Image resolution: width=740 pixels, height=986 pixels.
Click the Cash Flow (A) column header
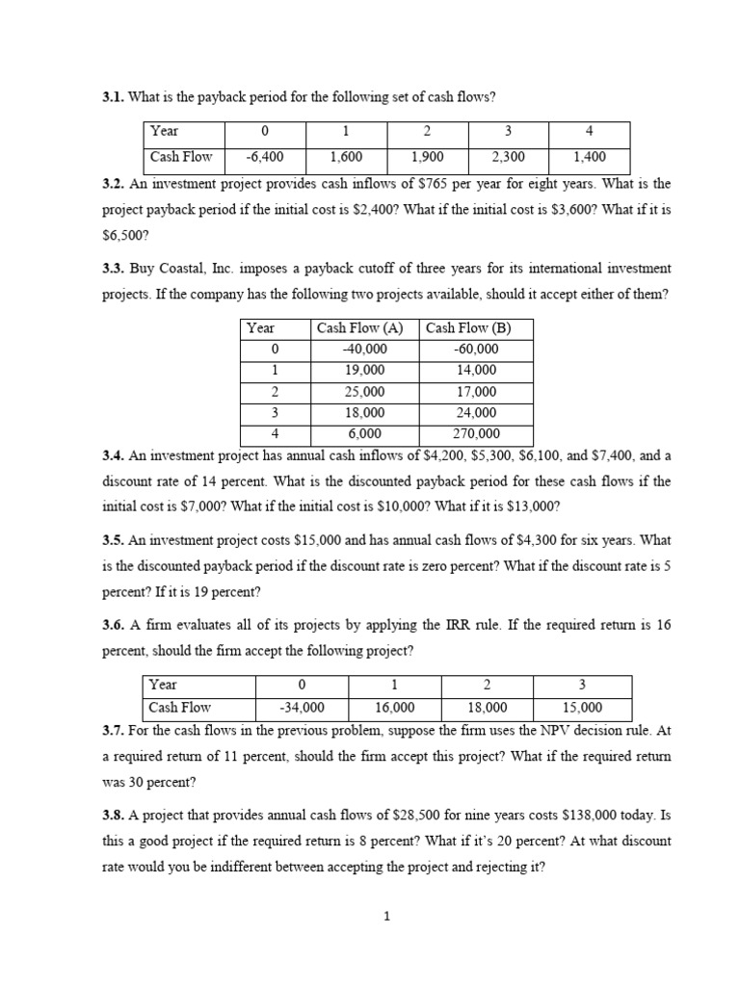coord(365,328)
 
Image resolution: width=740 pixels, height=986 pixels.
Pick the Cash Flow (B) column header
coord(477,328)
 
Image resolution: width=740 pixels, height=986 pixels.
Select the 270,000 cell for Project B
coord(477,434)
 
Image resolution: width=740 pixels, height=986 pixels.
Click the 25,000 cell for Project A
coord(365,392)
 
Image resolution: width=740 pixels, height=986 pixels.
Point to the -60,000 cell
coord(477,350)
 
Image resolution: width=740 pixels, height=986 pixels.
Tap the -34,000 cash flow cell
coord(302,708)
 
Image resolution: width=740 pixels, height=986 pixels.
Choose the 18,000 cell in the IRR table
coord(489,708)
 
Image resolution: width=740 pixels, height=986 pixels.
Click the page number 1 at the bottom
coord(385,917)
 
